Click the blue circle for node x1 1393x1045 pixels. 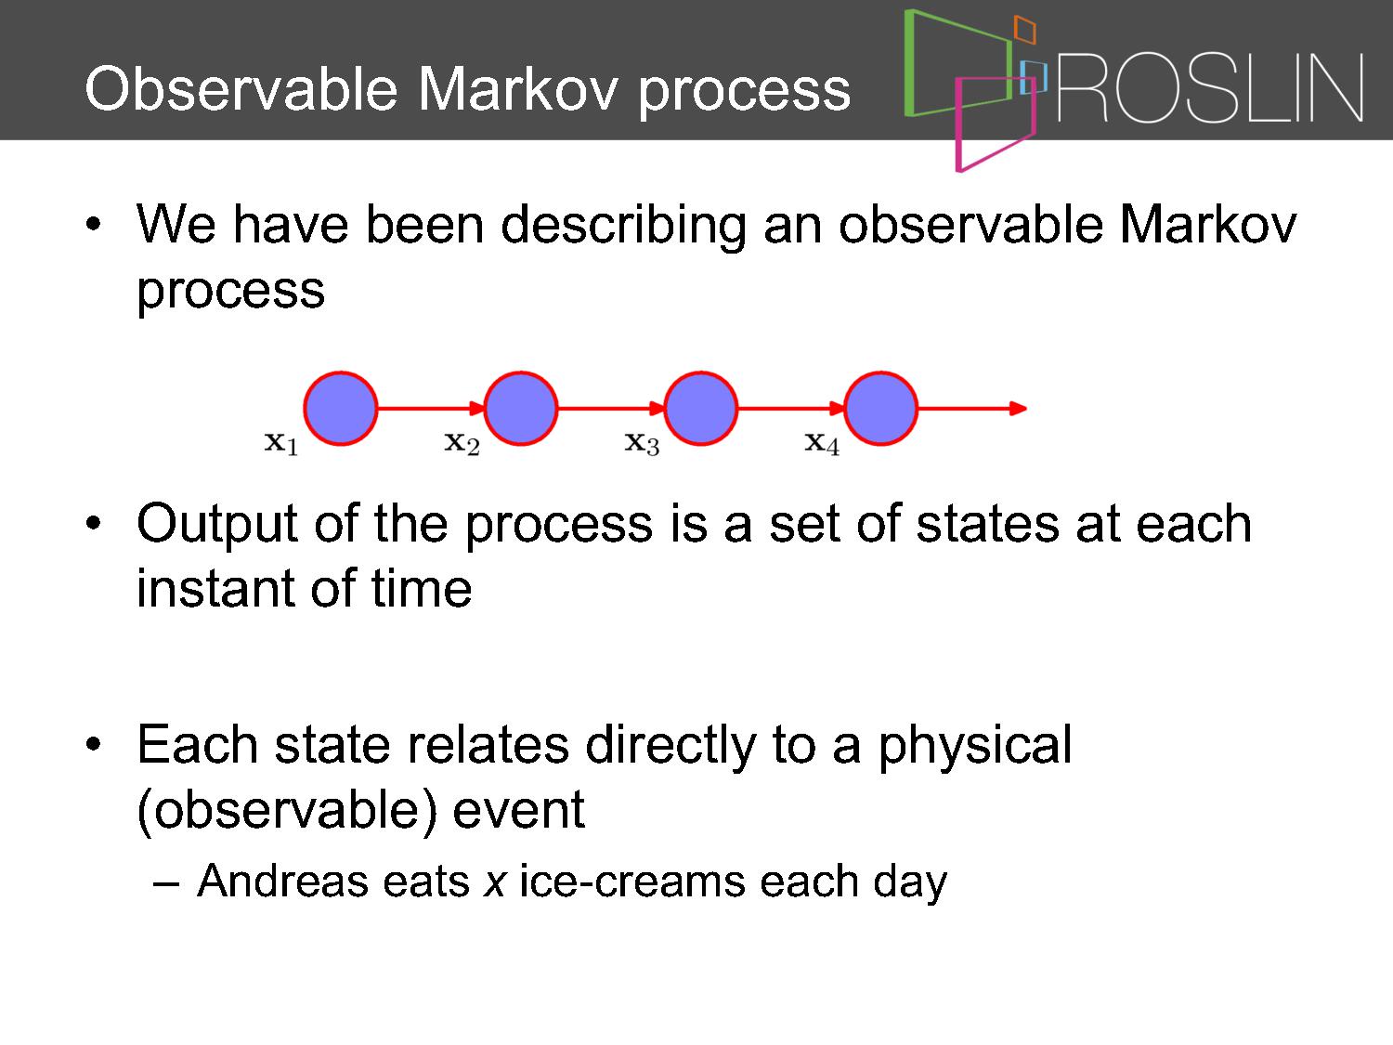[x=341, y=408]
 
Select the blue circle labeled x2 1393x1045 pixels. [x=521, y=408]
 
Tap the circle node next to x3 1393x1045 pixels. [x=700, y=408]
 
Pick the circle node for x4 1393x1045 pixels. [x=881, y=408]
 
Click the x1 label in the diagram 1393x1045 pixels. [x=281, y=442]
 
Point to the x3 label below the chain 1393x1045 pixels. [x=642, y=442]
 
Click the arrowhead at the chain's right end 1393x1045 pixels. [x=1017, y=408]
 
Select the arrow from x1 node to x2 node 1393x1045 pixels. [x=431, y=408]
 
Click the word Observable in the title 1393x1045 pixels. [x=241, y=88]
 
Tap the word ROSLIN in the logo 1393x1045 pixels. [x=1210, y=87]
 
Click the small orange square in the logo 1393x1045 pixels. [x=1024, y=29]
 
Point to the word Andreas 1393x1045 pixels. [x=282, y=881]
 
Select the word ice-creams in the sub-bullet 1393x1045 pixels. [x=632, y=881]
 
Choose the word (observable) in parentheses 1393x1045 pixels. [x=288, y=810]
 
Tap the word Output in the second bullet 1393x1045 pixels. [x=217, y=525]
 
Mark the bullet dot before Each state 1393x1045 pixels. [x=93, y=744]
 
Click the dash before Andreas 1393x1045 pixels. [x=165, y=884]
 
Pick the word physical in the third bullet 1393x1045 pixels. [x=975, y=746]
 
